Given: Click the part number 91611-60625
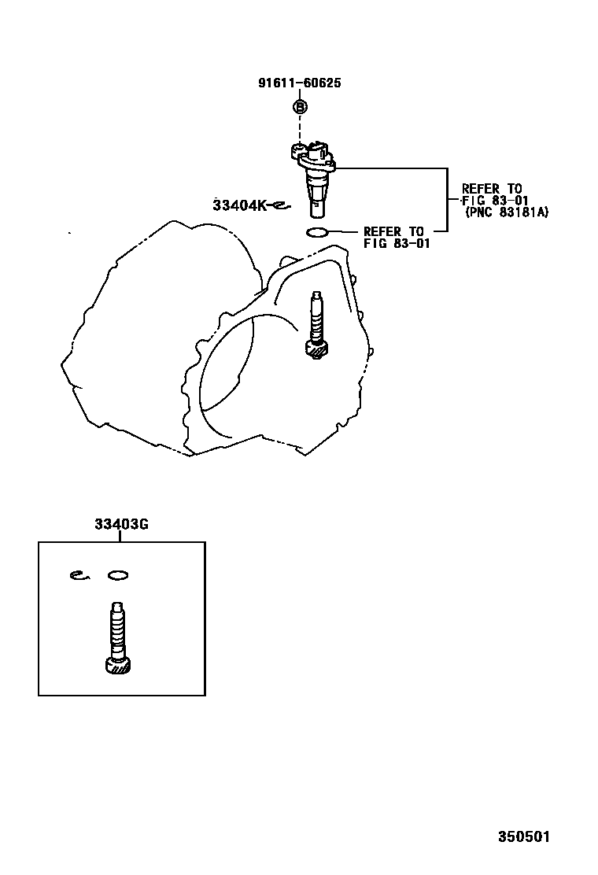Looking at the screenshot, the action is click(300, 83).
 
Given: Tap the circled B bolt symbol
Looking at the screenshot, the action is click(300, 106).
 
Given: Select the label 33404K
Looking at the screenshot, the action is click(240, 205).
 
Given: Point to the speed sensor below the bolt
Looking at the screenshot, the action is click(314, 178).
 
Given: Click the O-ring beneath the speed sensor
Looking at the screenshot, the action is click(316, 232).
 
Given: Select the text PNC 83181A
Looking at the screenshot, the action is click(507, 212).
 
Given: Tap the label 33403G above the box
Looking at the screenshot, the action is click(121, 525).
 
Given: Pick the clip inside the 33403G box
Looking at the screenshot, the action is click(79, 574).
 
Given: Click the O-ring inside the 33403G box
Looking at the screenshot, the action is click(118, 575).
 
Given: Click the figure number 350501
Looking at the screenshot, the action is click(524, 836).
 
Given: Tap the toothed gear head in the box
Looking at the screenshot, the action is click(118, 665).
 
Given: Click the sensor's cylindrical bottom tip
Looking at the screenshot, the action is click(317, 210).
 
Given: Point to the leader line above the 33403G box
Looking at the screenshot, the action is click(120, 537).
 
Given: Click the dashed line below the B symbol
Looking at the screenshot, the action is click(300, 127).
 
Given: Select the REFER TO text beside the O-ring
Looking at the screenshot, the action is click(393, 231).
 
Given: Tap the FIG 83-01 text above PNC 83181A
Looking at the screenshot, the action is click(496, 201).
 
